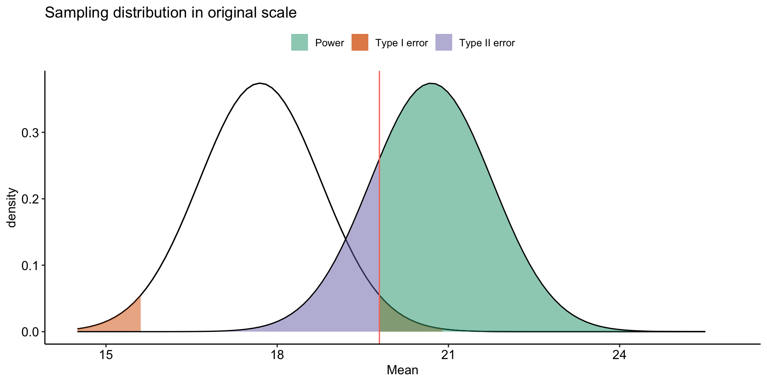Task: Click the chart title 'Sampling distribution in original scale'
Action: click(171, 13)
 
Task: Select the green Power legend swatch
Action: click(299, 43)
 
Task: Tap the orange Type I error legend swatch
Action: click(360, 43)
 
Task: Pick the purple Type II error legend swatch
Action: click(443, 43)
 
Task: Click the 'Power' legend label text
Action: click(329, 43)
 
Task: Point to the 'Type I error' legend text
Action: click(401, 43)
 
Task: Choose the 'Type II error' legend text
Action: click(487, 43)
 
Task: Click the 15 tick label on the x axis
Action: click(106, 355)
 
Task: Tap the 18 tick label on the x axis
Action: click(277, 355)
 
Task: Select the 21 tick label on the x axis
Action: click(448, 355)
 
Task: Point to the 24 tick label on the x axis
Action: click(619, 355)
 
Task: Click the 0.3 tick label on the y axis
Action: click(30, 133)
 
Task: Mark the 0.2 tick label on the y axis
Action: click(30, 199)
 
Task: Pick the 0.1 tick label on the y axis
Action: click(30, 265)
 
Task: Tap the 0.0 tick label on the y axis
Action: click(30, 332)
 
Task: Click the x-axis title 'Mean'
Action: click(402, 370)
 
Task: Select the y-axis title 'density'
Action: click(12, 207)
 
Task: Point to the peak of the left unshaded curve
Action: click(260, 83)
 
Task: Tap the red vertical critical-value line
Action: click(379, 120)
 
